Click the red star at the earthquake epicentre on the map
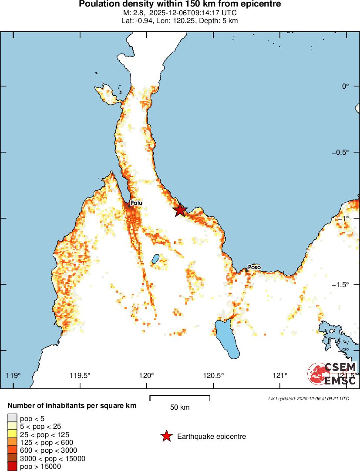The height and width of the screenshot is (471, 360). (180, 210)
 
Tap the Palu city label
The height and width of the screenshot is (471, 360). (136, 203)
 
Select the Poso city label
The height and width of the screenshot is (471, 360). (254, 267)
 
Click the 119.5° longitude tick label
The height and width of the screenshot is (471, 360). (80, 376)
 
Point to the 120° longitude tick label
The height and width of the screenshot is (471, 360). (147, 376)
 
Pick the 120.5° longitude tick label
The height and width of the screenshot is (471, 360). (214, 376)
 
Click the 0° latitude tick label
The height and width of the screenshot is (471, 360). (346, 86)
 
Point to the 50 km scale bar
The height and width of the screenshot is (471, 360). (180, 398)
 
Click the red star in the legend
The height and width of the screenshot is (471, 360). (166, 436)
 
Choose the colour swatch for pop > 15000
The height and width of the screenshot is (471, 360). (11, 467)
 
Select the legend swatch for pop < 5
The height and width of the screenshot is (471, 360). (11, 418)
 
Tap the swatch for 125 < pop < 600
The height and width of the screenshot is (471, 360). (11, 442)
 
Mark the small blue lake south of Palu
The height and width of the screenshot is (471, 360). (155, 259)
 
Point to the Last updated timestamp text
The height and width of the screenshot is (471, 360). (308, 398)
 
